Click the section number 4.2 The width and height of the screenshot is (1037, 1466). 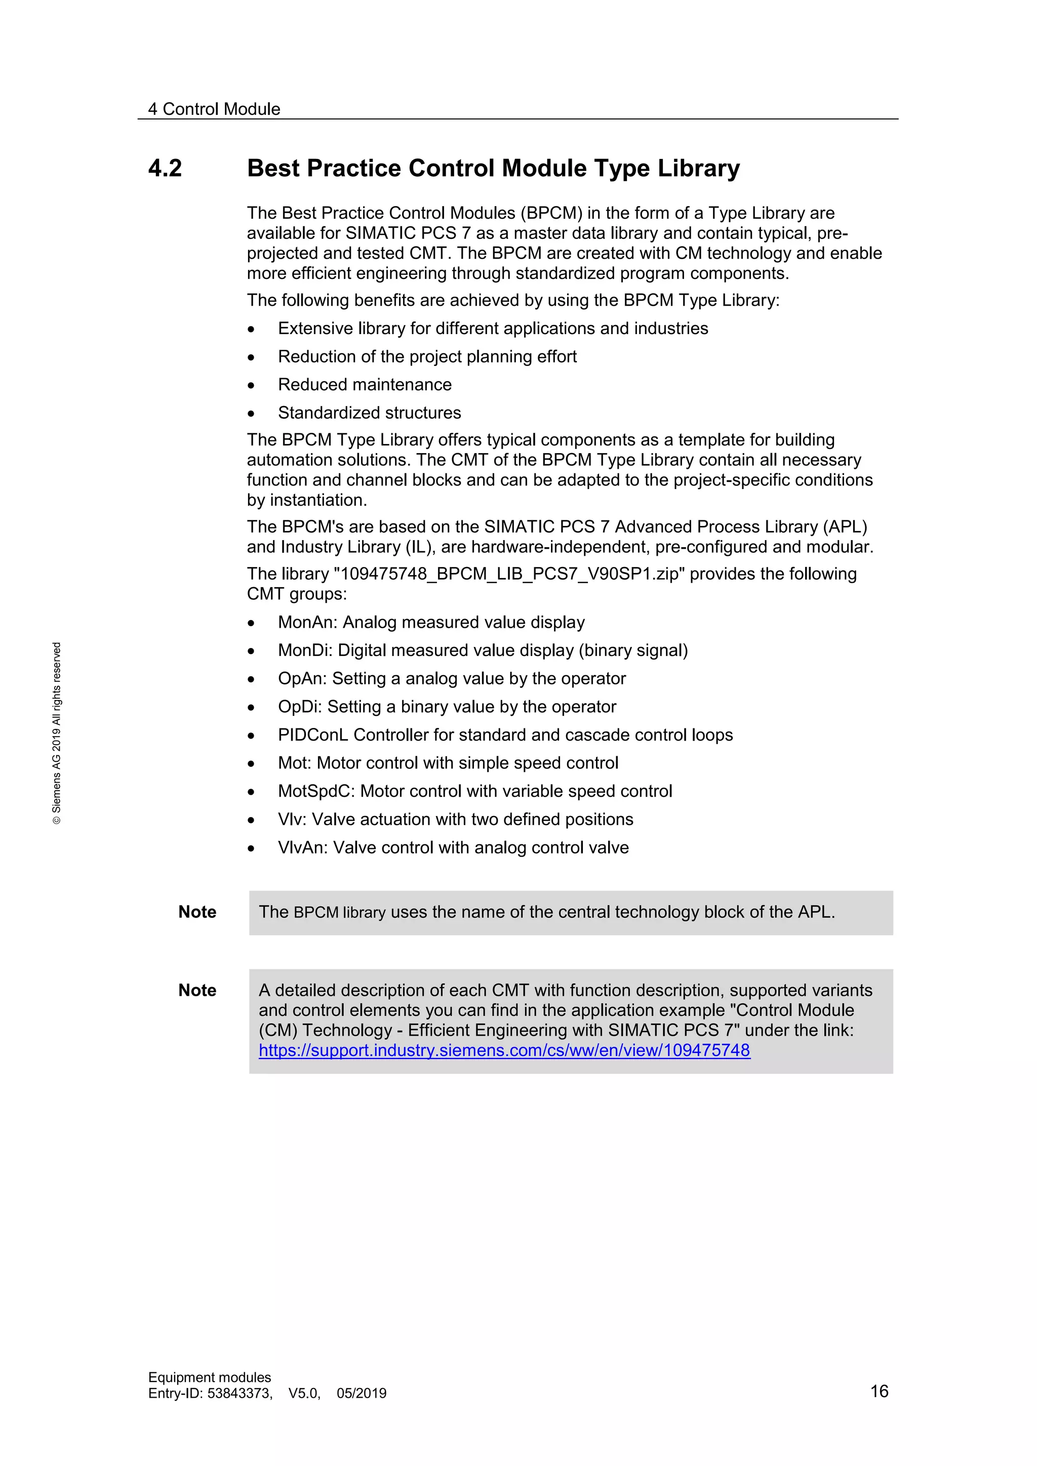(165, 169)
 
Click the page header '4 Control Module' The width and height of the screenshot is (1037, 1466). (214, 109)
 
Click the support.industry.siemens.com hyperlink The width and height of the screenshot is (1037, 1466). (504, 1050)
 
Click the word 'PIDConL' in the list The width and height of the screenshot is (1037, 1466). (313, 735)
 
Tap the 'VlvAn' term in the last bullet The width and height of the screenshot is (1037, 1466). (303, 848)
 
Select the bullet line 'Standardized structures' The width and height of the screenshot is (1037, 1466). (369, 413)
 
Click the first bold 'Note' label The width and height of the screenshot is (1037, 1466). (197, 912)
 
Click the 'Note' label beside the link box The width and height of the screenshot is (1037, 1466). (197, 990)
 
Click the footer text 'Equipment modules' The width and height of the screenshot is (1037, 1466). (210, 1377)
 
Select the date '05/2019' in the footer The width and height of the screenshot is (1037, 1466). (362, 1393)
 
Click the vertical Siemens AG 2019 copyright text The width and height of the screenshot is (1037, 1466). (57, 732)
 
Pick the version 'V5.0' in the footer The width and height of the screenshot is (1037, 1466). (304, 1393)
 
